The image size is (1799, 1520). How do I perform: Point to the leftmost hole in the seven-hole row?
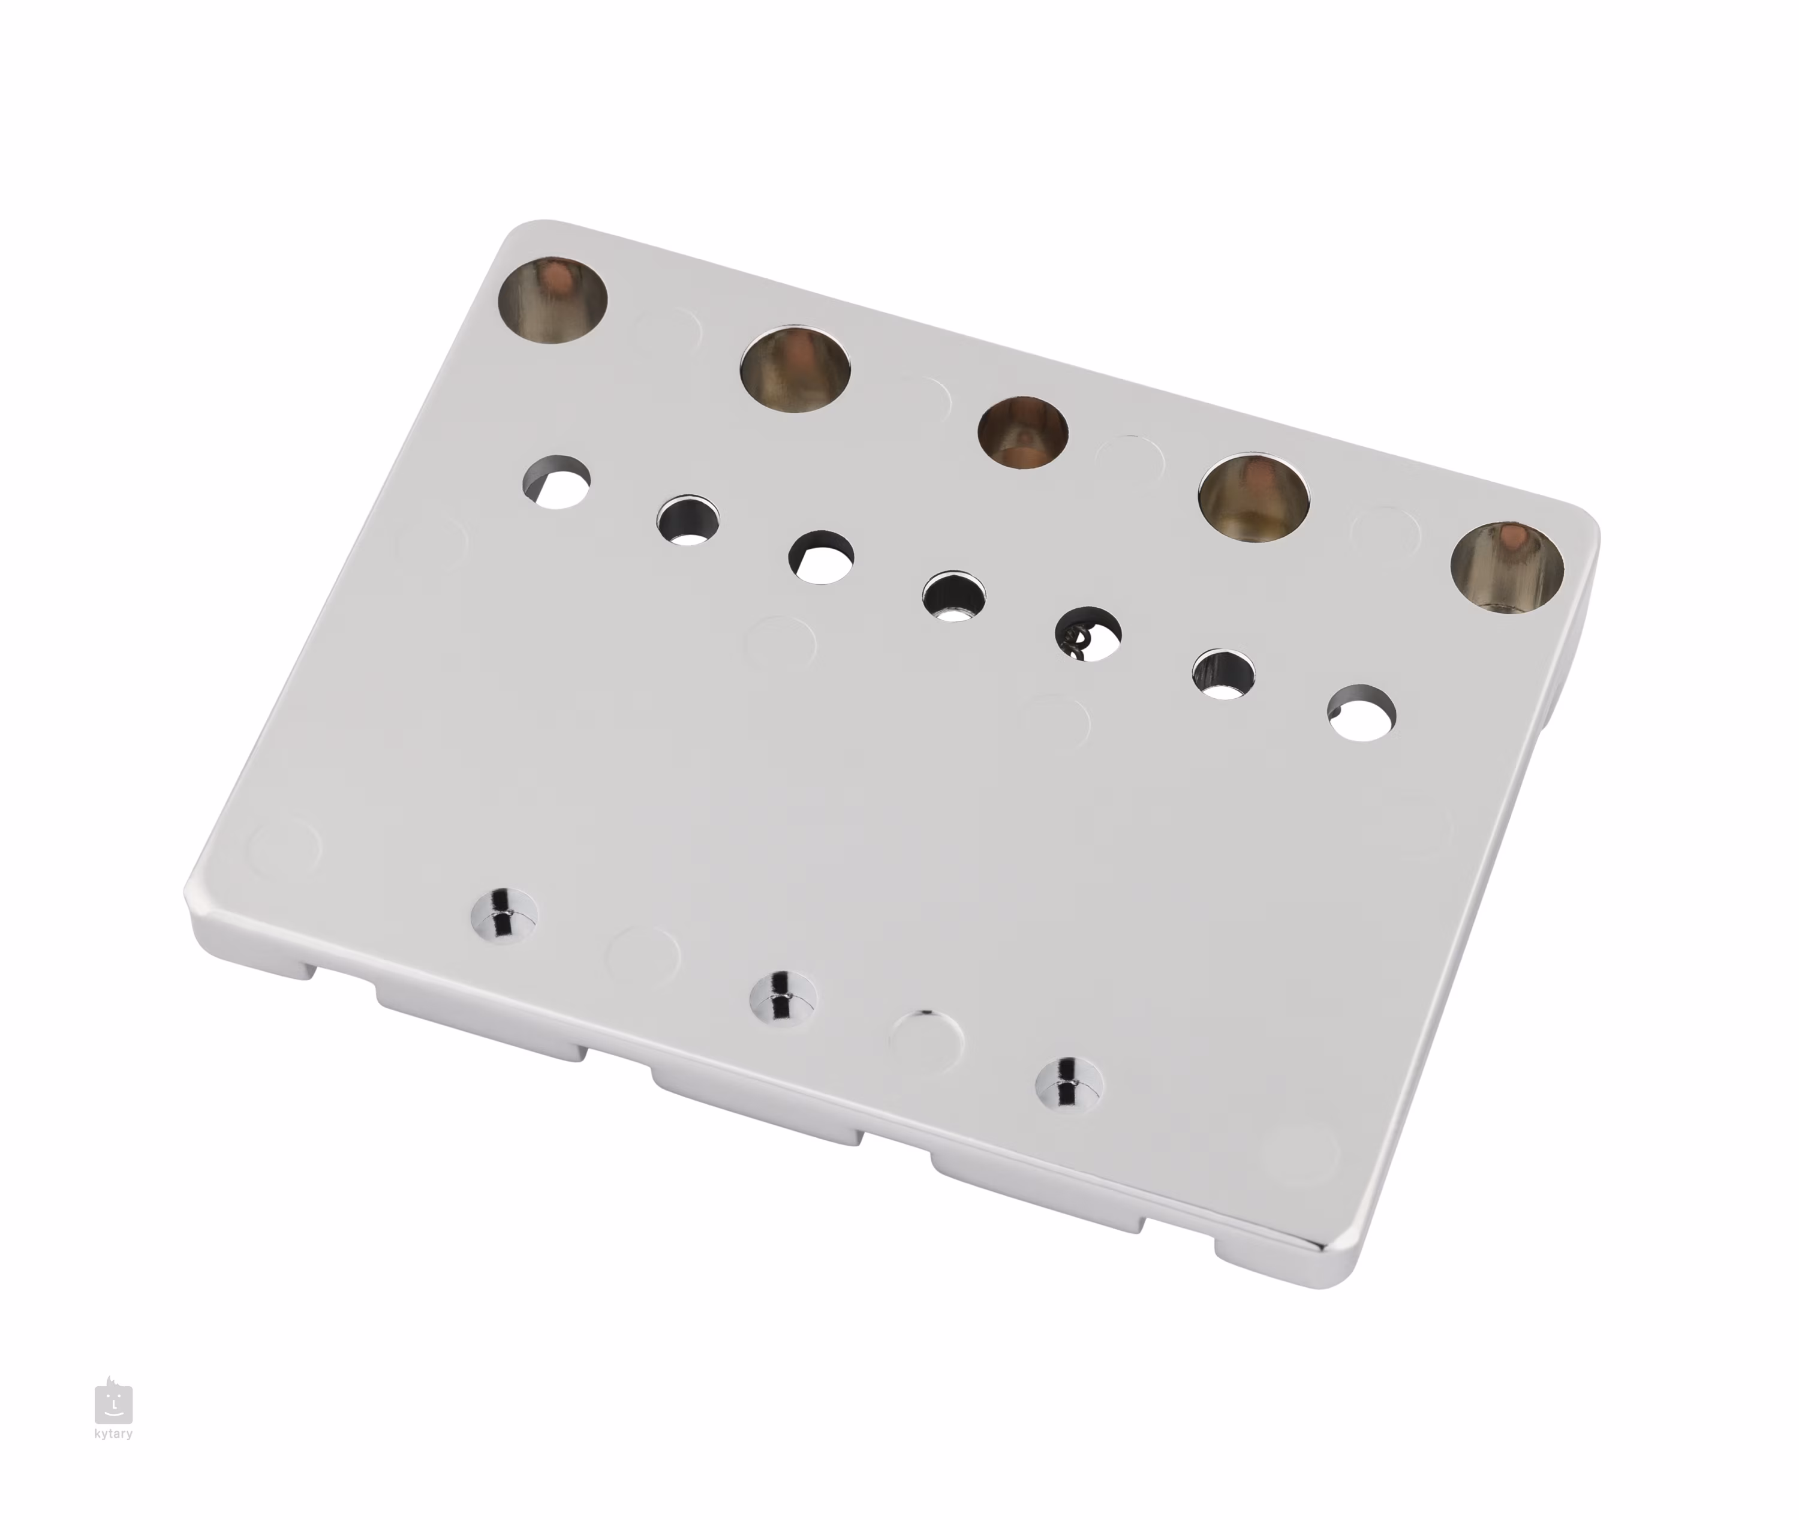point(558,482)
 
